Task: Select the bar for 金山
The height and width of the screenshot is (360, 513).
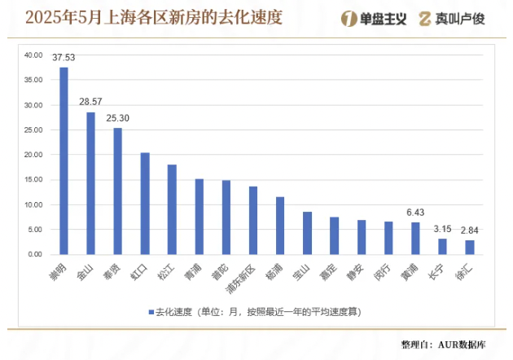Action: pos(90,183)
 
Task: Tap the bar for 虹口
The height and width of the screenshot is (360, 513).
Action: pos(145,204)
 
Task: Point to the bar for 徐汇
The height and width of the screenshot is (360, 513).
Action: pos(470,247)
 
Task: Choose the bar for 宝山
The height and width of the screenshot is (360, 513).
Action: pos(307,233)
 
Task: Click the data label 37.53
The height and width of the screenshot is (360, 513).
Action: pos(64,58)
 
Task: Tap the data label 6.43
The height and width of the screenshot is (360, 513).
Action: pos(415,213)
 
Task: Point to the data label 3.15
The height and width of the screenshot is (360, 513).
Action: pos(442,229)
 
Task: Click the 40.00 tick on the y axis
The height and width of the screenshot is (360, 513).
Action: pos(33,55)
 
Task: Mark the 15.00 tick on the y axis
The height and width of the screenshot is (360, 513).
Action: pos(33,180)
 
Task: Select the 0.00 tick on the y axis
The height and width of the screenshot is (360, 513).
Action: pos(35,254)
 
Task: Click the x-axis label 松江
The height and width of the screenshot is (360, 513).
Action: pos(166,270)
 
